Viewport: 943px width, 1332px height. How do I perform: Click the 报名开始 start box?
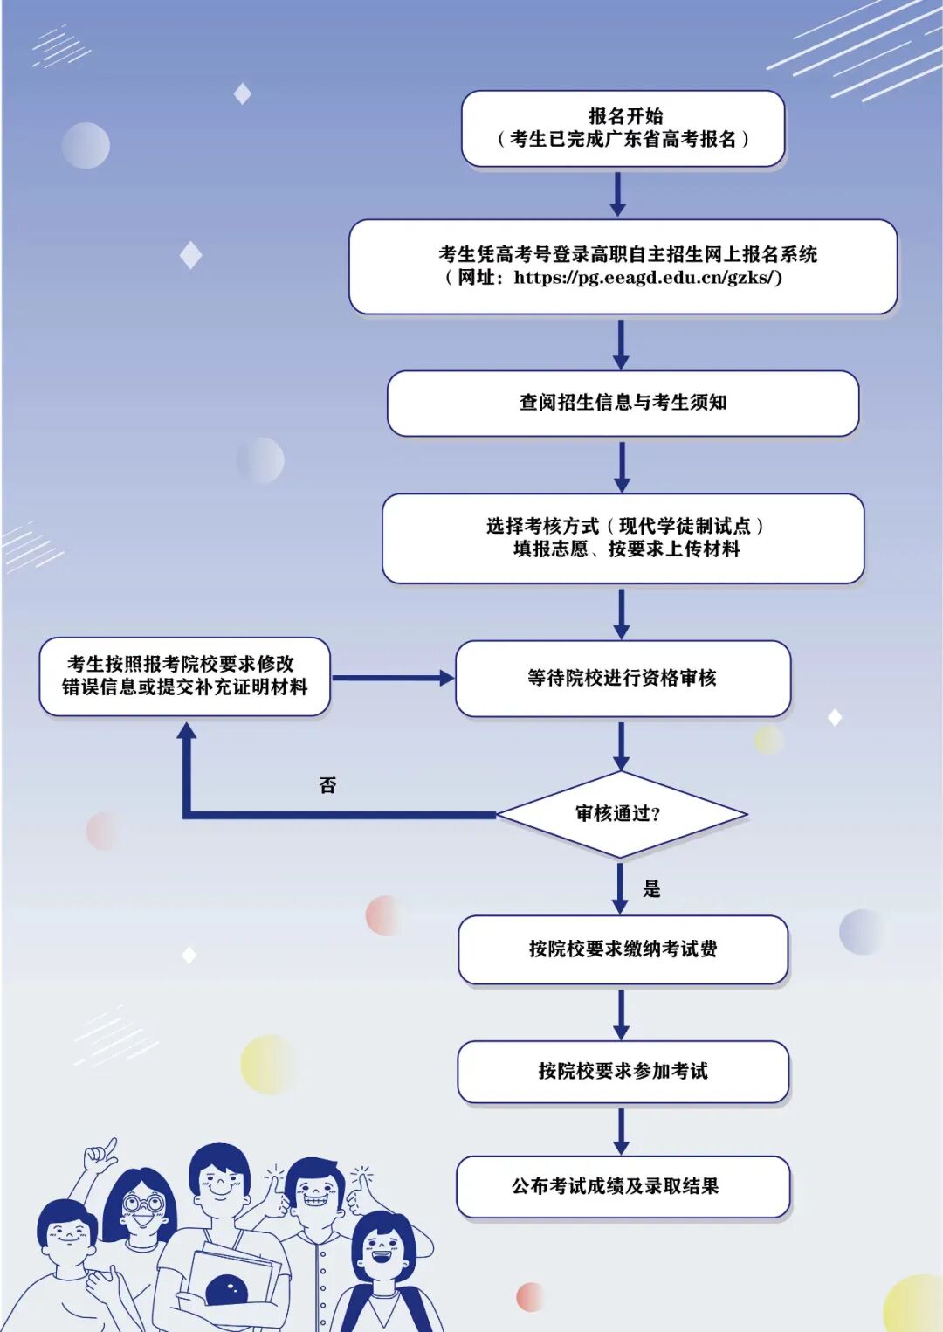click(623, 128)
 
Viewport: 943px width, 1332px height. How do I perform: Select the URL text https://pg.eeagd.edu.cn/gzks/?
click(647, 278)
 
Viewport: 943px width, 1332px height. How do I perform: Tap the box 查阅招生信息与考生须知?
click(623, 403)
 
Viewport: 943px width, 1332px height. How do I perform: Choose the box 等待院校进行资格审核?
click(623, 678)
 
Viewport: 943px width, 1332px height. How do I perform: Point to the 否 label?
click(327, 785)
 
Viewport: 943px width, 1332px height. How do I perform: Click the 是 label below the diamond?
click(651, 889)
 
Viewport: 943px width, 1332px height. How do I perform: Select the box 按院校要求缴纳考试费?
click(623, 949)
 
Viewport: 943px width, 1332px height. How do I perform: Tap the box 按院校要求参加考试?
click(623, 1071)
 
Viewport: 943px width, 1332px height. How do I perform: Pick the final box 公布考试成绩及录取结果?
click(623, 1186)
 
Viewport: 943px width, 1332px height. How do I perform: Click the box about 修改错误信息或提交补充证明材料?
click(184, 676)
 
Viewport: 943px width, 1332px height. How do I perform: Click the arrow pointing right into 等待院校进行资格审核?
click(393, 678)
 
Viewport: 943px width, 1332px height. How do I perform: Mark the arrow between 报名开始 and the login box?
click(617, 193)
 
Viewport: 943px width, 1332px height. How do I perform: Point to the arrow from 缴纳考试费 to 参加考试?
click(621, 1013)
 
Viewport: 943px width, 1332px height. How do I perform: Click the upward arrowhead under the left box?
click(186, 733)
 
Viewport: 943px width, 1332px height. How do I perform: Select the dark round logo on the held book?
click(225, 1290)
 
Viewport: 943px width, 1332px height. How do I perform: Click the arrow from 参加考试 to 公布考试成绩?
click(621, 1130)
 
